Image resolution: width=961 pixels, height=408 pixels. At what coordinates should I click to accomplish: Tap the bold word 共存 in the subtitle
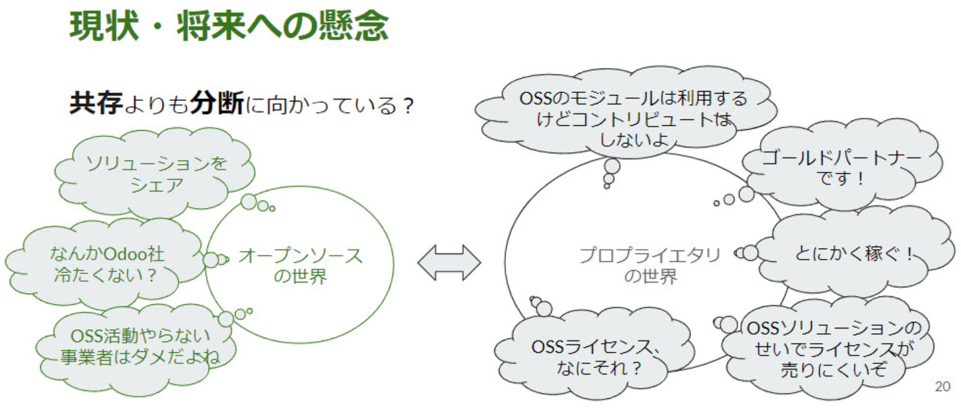[x=95, y=104]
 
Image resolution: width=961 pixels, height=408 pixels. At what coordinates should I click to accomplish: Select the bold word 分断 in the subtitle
[x=216, y=104]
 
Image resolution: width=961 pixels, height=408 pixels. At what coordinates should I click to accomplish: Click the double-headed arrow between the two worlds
[x=449, y=262]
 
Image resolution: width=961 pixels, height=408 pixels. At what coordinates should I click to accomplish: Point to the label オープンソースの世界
[x=300, y=266]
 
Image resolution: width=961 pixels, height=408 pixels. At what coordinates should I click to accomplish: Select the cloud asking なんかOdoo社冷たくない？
[x=107, y=264]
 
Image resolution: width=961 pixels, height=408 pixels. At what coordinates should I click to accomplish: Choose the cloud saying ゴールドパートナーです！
[x=841, y=168]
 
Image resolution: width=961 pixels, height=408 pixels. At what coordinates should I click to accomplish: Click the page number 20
[x=942, y=387]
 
